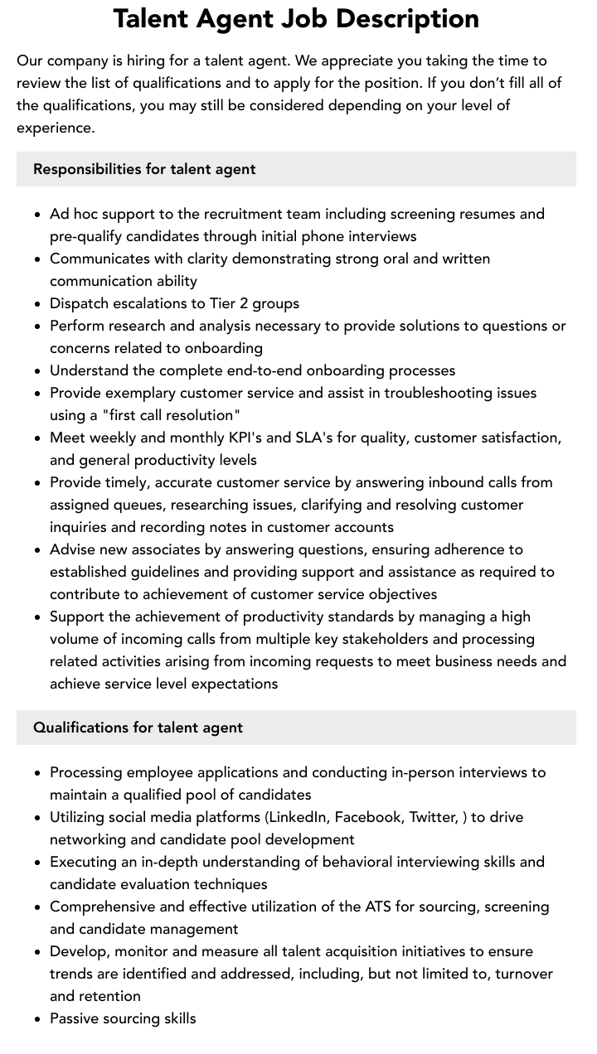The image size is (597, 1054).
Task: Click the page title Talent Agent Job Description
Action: click(296, 18)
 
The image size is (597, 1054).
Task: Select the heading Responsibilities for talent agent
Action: click(144, 169)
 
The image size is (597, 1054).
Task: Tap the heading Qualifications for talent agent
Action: click(138, 728)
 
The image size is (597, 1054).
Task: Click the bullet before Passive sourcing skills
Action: click(38, 1019)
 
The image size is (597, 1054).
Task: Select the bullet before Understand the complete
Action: click(38, 371)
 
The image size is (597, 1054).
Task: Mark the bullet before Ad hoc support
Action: click(38, 215)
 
